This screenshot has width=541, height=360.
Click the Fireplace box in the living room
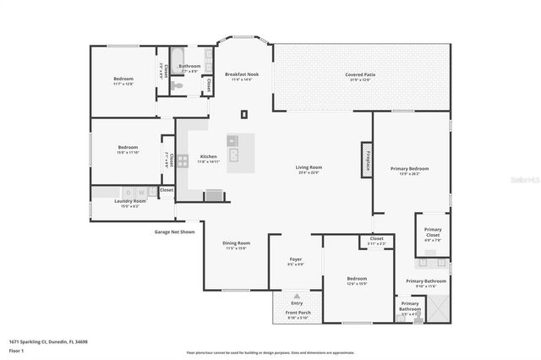(367, 158)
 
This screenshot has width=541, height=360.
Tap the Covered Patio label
(360, 75)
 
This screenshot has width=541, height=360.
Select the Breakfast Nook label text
(239, 74)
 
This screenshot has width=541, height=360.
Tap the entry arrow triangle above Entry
(297, 296)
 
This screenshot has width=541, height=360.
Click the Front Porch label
(297, 314)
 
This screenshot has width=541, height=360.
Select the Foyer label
(296, 259)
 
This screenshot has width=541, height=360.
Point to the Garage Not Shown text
(174, 232)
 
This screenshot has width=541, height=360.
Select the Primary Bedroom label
(409, 168)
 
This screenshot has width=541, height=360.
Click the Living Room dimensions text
(309, 173)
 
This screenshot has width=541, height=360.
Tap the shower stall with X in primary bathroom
(438, 309)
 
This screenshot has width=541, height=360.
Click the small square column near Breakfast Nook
(244, 113)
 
